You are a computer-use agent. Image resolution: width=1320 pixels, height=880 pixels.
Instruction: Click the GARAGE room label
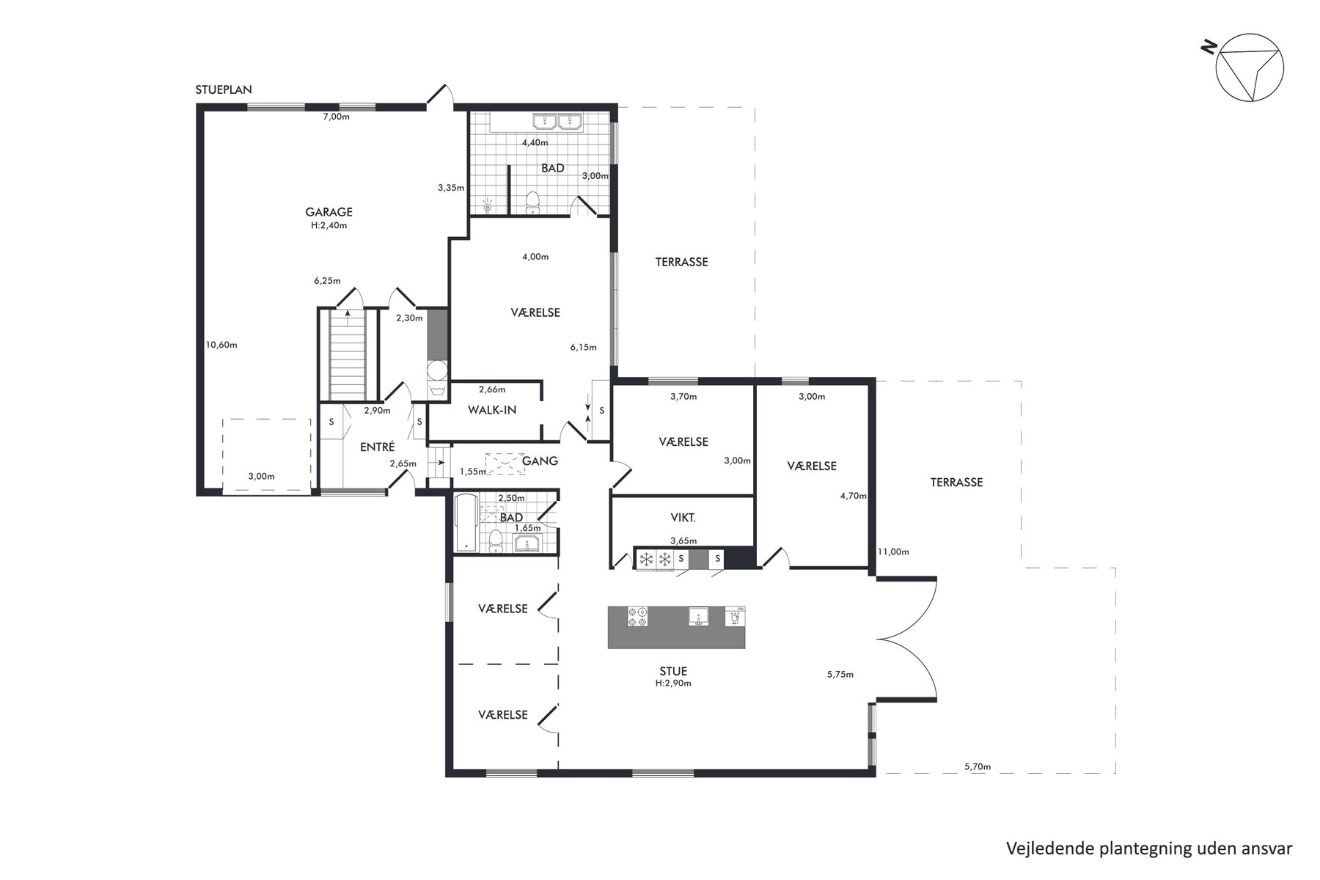point(329,212)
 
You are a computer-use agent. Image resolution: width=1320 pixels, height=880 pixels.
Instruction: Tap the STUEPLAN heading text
point(224,90)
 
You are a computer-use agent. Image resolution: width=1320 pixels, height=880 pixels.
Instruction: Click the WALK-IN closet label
point(492,410)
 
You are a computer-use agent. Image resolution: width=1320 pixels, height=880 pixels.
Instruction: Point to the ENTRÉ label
point(378,447)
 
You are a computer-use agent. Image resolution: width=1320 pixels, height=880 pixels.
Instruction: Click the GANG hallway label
point(540,461)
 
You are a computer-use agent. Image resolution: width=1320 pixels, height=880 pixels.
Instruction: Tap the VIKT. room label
point(683,517)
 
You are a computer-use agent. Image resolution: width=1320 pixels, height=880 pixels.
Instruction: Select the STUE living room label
point(673,671)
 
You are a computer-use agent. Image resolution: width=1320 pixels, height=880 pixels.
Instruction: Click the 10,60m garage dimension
point(221,345)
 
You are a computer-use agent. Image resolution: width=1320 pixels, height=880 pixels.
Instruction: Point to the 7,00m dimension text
point(337,117)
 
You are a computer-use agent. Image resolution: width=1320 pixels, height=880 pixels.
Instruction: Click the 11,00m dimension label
point(893,552)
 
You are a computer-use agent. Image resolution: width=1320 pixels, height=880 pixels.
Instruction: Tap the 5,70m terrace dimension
point(978,767)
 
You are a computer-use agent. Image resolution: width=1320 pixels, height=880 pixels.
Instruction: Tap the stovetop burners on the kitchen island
point(637,616)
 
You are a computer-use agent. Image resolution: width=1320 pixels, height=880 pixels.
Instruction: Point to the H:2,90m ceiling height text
point(673,683)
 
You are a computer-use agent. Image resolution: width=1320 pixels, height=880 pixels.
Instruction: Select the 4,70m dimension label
point(853,496)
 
